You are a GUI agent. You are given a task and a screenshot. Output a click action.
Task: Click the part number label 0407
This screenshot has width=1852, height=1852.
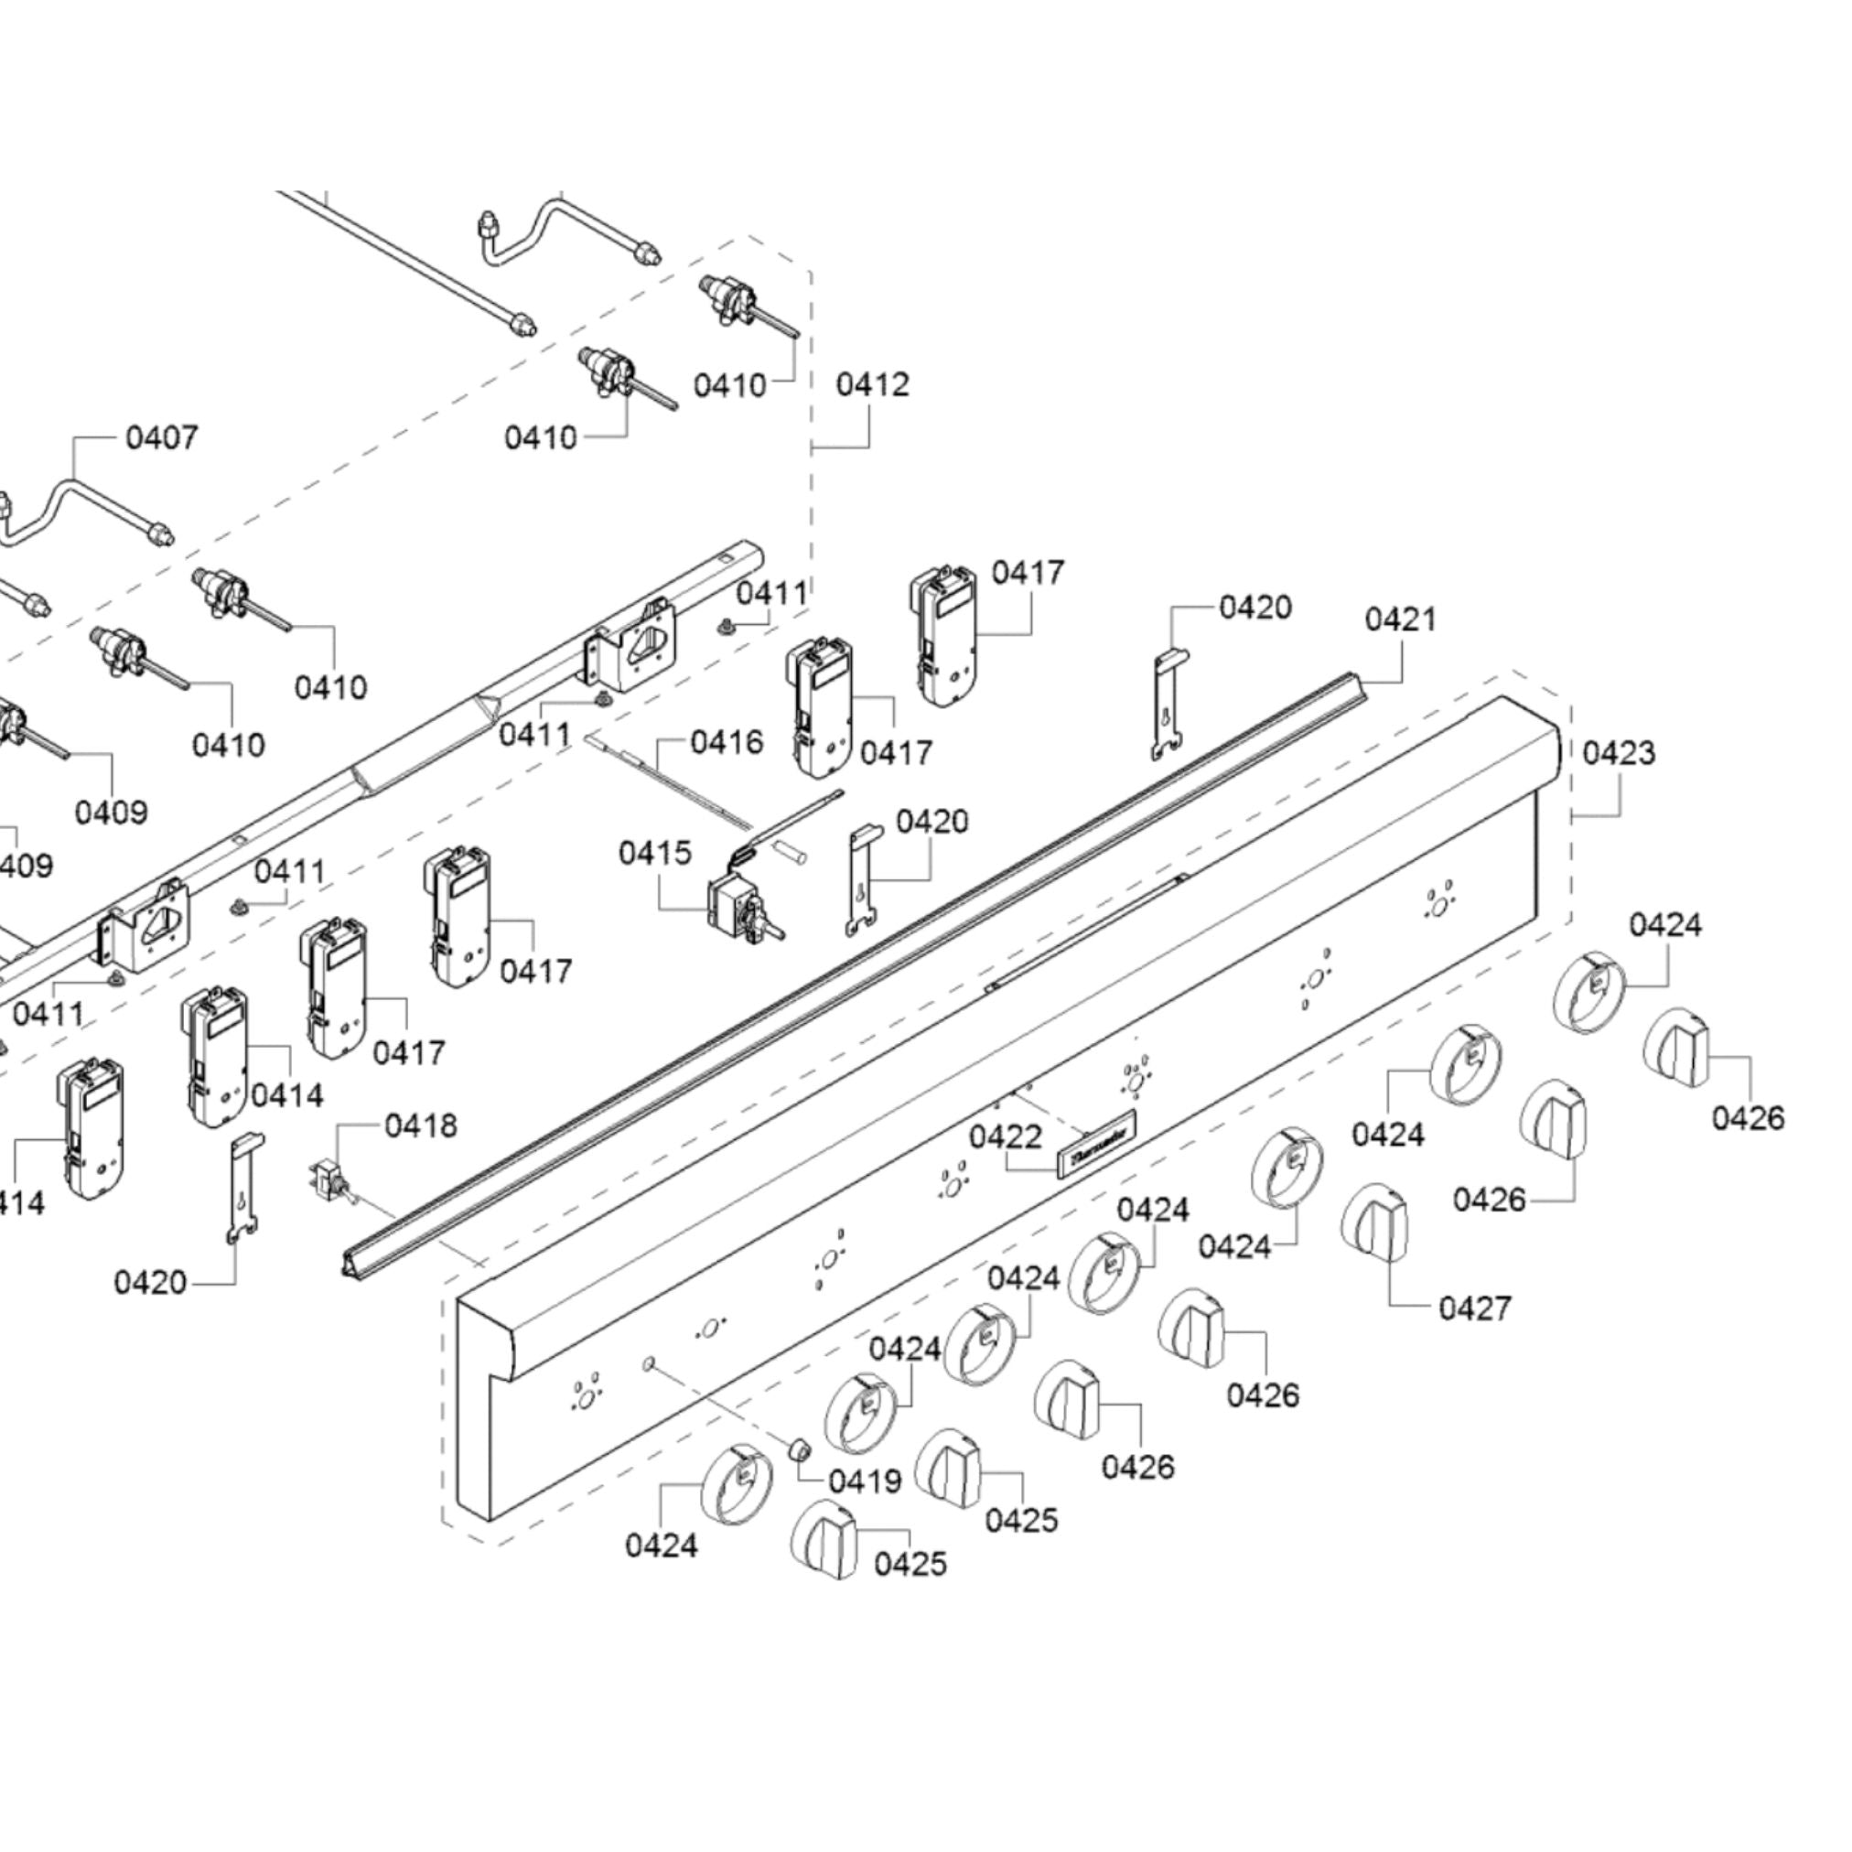point(162,438)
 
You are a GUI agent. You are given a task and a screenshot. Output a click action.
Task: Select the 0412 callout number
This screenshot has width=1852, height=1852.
point(871,384)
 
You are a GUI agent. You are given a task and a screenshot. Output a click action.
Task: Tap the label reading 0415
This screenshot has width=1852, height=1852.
point(655,852)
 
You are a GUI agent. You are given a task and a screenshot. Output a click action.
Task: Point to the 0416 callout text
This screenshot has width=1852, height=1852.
point(727,741)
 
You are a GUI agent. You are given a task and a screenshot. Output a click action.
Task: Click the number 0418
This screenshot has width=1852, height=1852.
point(421,1125)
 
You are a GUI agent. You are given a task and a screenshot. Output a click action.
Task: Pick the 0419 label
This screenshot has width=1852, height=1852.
point(865,1481)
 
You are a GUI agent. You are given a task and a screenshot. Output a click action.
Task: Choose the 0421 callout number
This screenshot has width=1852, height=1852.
point(1401,619)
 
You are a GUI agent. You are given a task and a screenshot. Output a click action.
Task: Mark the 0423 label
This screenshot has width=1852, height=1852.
point(1619,752)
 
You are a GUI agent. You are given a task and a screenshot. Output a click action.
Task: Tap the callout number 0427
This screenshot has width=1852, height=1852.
point(1474,1308)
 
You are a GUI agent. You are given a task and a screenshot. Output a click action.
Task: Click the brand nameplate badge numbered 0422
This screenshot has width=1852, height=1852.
point(1096,1144)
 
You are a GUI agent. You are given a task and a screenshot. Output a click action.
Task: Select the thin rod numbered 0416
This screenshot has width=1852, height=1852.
point(671,779)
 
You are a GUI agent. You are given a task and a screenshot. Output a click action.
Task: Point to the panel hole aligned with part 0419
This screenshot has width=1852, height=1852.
point(648,1362)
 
